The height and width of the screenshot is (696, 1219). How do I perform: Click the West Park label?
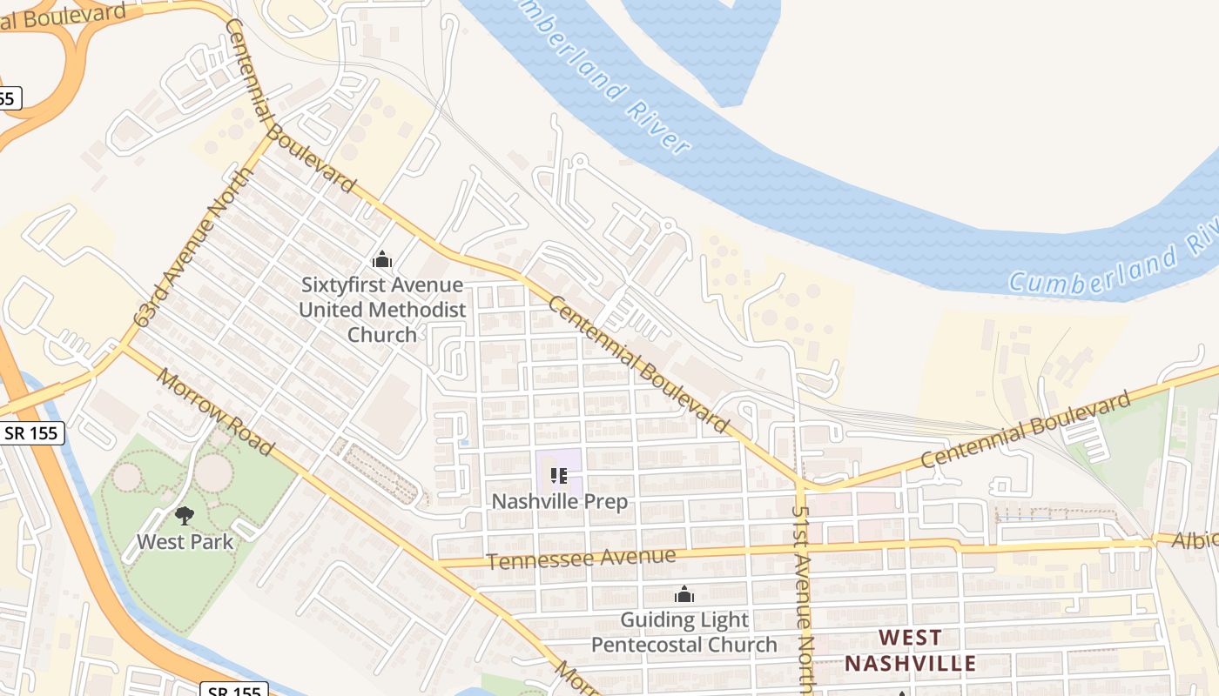click(185, 541)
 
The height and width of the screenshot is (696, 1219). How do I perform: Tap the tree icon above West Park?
click(184, 516)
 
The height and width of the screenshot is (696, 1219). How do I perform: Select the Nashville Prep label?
click(560, 502)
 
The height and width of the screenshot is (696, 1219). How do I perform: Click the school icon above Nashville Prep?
click(559, 476)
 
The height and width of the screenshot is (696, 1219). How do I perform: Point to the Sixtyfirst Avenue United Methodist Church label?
click(381, 309)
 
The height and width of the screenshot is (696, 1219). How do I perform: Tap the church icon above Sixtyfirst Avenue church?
click(381, 259)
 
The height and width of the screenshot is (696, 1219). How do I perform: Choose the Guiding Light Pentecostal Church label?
click(684, 632)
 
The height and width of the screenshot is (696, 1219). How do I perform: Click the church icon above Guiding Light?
click(684, 594)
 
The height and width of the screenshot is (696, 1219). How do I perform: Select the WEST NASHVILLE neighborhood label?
click(910, 650)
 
